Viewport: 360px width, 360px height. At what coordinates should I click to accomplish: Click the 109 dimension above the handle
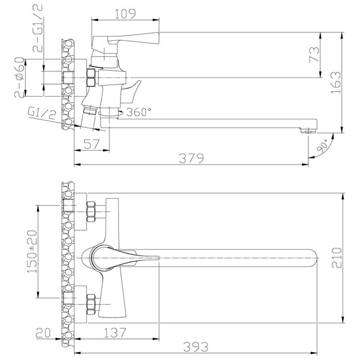tap(125, 14)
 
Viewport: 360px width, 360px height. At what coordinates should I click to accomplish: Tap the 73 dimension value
tap(314, 55)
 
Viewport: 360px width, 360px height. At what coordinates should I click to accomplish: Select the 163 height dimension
tap(335, 82)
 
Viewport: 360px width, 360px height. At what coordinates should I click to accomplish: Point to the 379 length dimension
tap(191, 158)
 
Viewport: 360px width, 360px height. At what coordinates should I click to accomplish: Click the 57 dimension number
tap(92, 144)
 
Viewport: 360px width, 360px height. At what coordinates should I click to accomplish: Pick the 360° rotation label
tap(139, 112)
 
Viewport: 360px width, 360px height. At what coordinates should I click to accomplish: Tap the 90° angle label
tap(323, 146)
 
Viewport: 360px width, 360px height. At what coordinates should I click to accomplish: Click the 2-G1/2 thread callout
tap(38, 28)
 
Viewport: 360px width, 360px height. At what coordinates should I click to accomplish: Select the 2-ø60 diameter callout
tap(19, 77)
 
